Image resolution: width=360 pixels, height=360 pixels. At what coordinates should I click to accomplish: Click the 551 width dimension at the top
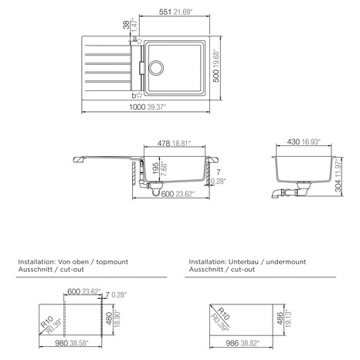(x=165, y=12)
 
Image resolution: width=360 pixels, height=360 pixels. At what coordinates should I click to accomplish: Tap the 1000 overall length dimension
(x=138, y=107)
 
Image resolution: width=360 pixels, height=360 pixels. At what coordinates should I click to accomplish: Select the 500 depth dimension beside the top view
(x=216, y=75)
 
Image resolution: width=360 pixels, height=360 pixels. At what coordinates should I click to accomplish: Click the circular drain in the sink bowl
(x=156, y=68)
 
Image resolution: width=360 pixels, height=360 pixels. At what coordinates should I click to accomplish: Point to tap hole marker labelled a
(x=139, y=41)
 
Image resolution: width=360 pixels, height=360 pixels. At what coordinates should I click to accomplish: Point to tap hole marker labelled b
(x=139, y=95)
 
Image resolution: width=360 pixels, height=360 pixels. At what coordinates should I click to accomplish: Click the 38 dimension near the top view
(x=126, y=25)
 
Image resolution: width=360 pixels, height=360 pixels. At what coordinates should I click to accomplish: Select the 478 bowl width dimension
(x=164, y=143)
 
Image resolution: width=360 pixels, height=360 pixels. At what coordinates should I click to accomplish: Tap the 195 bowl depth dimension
(x=156, y=168)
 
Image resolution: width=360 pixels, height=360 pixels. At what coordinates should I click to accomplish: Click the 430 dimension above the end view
(x=294, y=141)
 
